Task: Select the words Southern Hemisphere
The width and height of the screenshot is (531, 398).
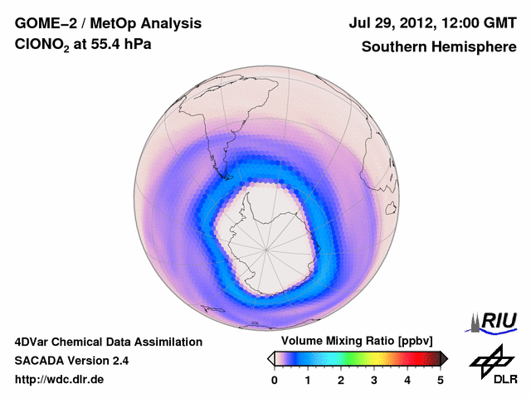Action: pyautogui.click(x=439, y=47)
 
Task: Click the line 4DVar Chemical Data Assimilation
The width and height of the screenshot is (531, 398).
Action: pyautogui.click(x=108, y=342)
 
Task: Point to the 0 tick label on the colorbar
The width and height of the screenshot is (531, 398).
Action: pyautogui.click(x=275, y=380)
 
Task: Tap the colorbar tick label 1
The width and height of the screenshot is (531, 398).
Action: pyautogui.click(x=308, y=380)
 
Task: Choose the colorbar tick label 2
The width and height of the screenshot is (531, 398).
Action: pyautogui.click(x=341, y=380)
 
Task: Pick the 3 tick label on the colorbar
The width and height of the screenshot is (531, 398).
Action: pyautogui.click(x=374, y=380)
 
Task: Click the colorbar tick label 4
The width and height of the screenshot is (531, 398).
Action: pyautogui.click(x=407, y=380)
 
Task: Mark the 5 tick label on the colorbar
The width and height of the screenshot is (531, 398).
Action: pyautogui.click(x=441, y=380)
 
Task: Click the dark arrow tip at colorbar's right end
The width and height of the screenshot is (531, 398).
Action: pyautogui.click(x=444, y=358)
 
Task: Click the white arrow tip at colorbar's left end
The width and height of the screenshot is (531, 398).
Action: pyautogui.click(x=270, y=358)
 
